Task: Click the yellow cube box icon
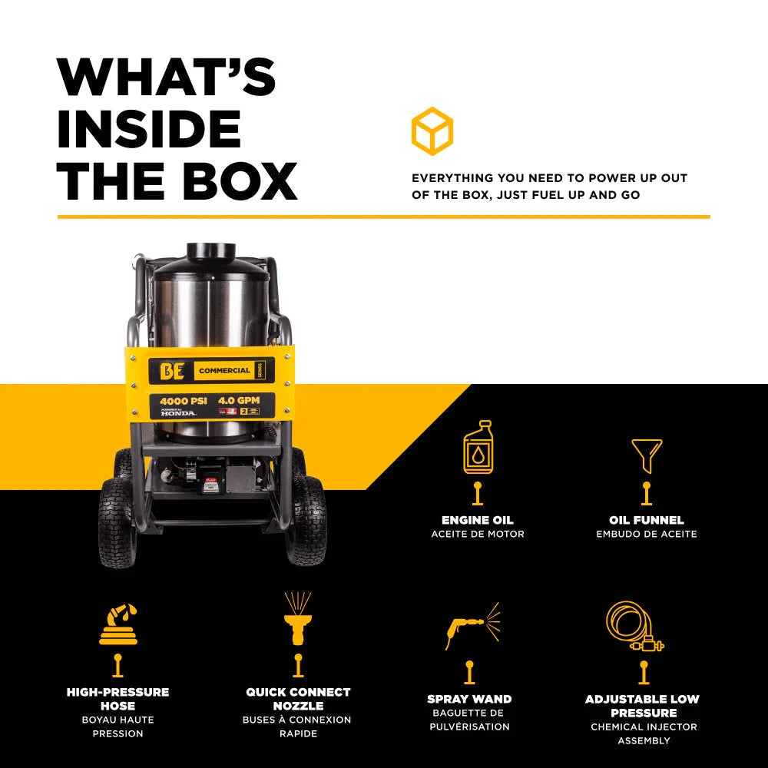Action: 432,131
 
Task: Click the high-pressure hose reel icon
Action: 118,624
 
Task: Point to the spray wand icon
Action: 470,625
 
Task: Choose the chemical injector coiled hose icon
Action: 634,627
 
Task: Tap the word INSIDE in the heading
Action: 149,129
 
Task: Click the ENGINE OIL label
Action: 477,520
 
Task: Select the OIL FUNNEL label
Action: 646,520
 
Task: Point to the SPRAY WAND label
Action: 469,699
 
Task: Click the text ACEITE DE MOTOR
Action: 477,534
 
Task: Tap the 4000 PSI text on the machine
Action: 183,401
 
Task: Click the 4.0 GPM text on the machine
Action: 238,401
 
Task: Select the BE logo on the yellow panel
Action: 171,370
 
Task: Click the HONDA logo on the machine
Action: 178,414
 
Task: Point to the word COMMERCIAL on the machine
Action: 224,370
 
